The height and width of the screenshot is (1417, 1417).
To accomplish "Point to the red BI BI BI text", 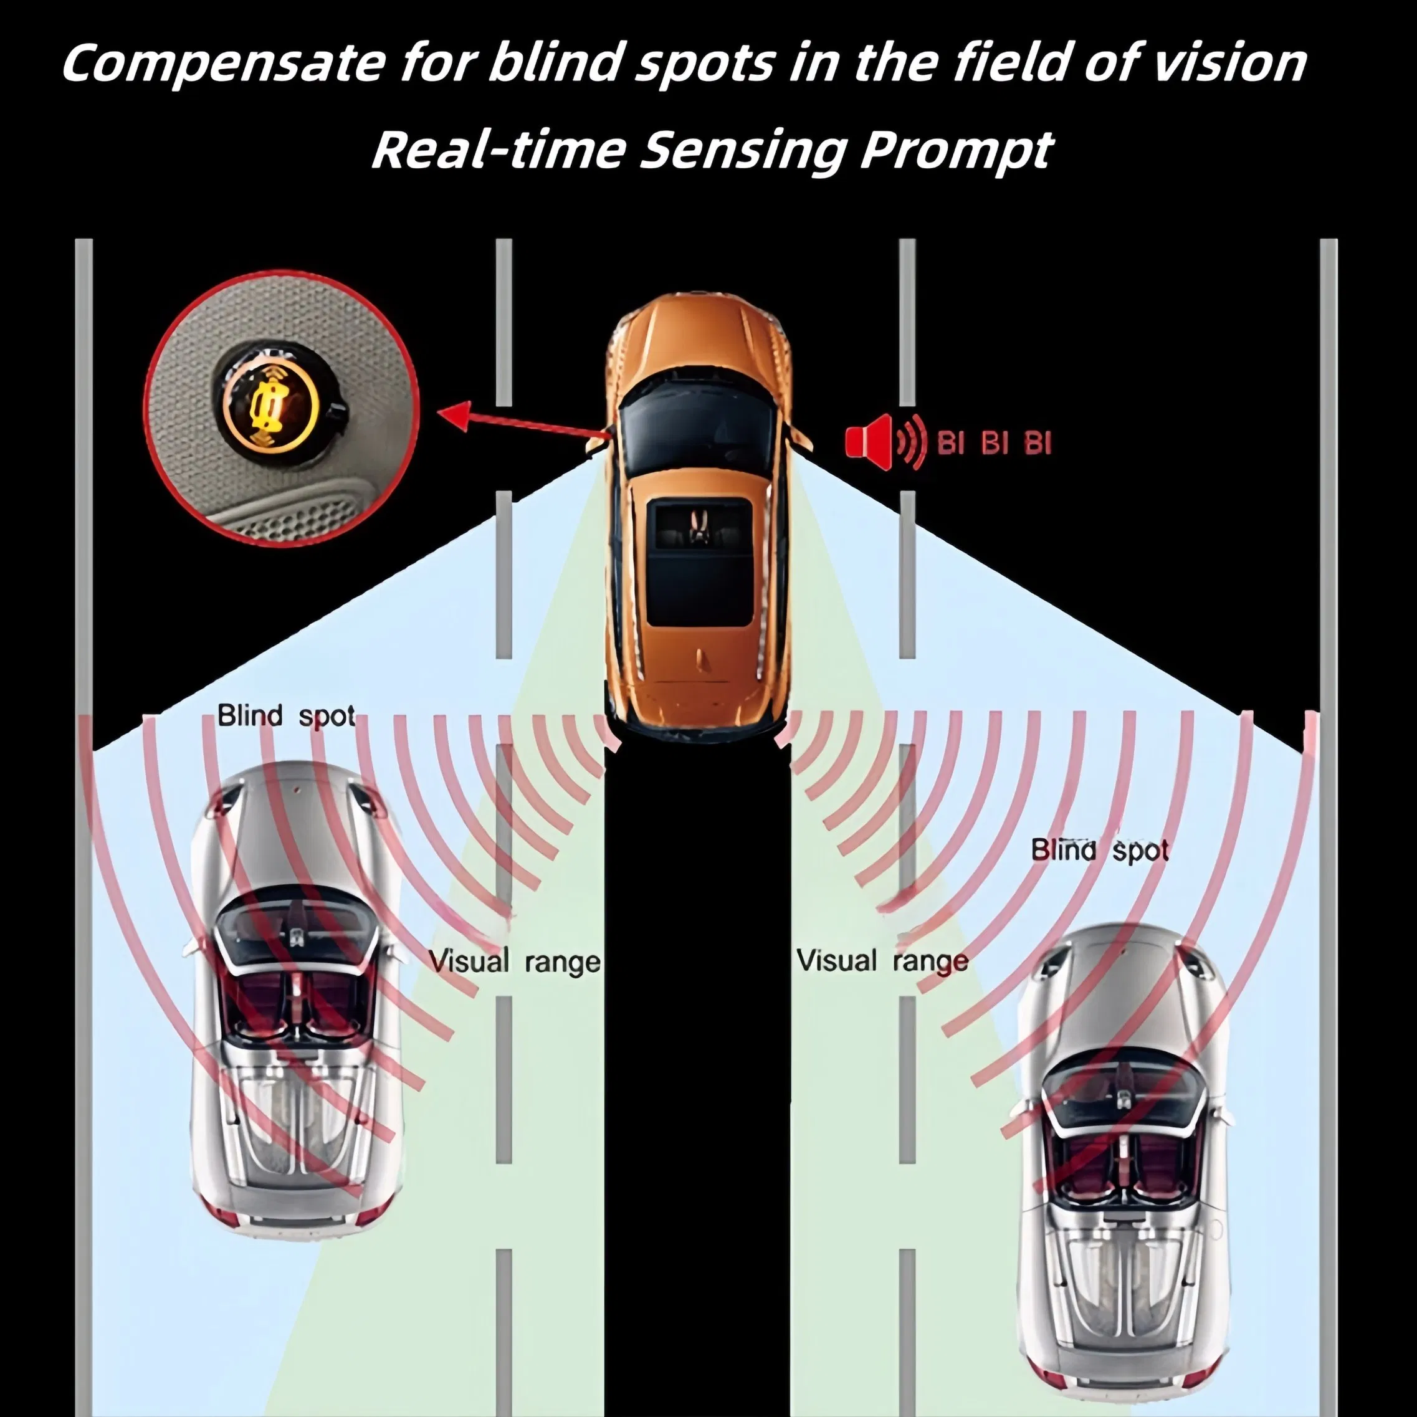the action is click(995, 444).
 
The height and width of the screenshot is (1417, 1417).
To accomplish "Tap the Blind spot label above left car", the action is click(286, 716).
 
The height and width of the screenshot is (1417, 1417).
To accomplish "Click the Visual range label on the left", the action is click(514, 961).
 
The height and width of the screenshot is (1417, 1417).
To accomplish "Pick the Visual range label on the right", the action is click(882, 960).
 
